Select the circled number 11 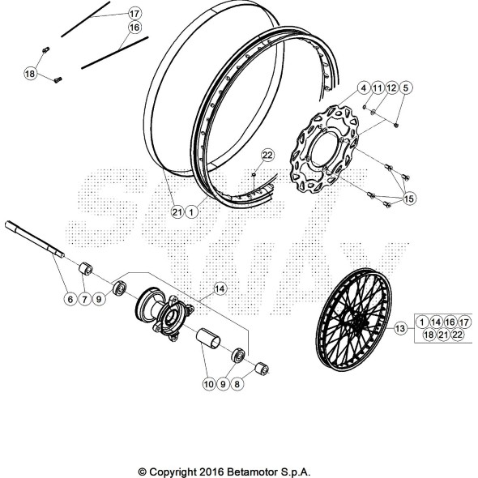pyautogui.click(x=378, y=87)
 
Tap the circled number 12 pyautogui.click(x=391, y=87)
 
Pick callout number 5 pyautogui.click(x=406, y=87)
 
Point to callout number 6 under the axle pyautogui.click(x=70, y=299)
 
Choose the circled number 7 pyautogui.click(x=84, y=299)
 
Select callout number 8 pyautogui.click(x=236, y=384)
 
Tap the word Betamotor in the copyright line pyautogui.click(x=243, y=472)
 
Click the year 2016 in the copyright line pyautogui.click(x=206, y=472)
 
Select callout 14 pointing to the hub pyautogui.click(x=220, y=287)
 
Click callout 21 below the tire pyautogui.click(x=176, y=211)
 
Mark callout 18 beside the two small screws pyautogui.click(x=30, y=74)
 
